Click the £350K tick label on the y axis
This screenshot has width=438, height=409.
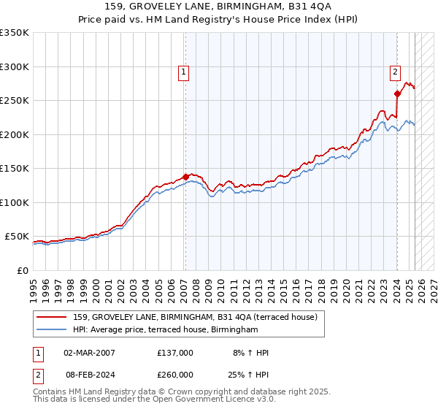[14, 33]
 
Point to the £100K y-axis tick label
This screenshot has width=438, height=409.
[14, 202]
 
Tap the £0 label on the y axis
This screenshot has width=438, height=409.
[23, 270]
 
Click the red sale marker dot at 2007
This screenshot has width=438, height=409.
[185, 177]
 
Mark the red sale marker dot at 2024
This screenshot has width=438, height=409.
[397, 93]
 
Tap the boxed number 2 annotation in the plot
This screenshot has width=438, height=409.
[394, 72]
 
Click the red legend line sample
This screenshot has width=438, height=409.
[52, 318]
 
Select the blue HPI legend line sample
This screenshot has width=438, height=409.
[52, 330]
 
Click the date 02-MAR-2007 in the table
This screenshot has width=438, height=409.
[90, 353]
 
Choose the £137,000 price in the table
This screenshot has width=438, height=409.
[175, 353]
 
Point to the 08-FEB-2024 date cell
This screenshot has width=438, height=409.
[90, 374]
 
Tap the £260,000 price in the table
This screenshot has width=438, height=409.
[175, 374]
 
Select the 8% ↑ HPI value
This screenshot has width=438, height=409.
[250, 353]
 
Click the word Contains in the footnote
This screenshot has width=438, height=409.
[52, 392]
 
